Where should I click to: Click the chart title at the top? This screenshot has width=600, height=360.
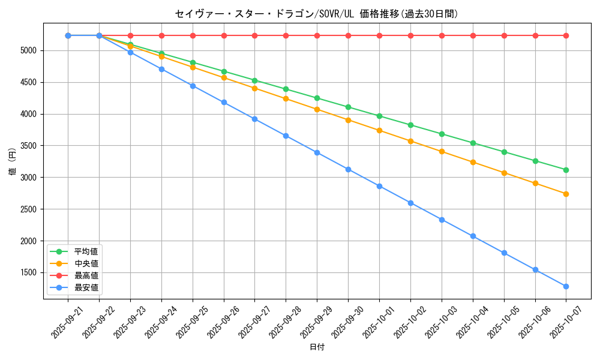[x=316, y=14]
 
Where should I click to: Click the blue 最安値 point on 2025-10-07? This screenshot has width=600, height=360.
[x=566, y=286]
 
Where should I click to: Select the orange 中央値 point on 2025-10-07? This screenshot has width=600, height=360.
[x=566, y=194]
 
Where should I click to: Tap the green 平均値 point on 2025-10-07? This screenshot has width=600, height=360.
[x=566, y=170]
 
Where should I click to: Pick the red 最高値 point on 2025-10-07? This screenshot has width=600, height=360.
[x=566, y=35]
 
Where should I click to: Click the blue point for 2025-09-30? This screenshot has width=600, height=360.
[x=348, y=169]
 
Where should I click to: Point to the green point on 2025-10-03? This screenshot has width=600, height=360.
[x=442, y=134]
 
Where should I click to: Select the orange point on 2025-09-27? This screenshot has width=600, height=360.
[x=254, y=88]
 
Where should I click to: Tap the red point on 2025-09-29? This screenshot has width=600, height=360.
[x=317, y=35]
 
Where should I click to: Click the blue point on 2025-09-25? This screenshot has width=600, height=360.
[x=193, y=86]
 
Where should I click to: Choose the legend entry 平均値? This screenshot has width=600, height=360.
[x=86, y=251]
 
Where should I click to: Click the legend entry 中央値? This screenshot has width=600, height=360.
[x=86, y=263]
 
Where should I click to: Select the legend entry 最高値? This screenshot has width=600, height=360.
[x=86, y=275]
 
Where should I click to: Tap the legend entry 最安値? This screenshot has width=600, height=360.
[x=86, y=287]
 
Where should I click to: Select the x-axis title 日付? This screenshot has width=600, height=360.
[x=317, y=347]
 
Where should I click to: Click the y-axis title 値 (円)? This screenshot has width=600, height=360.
[x=12, y=162]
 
